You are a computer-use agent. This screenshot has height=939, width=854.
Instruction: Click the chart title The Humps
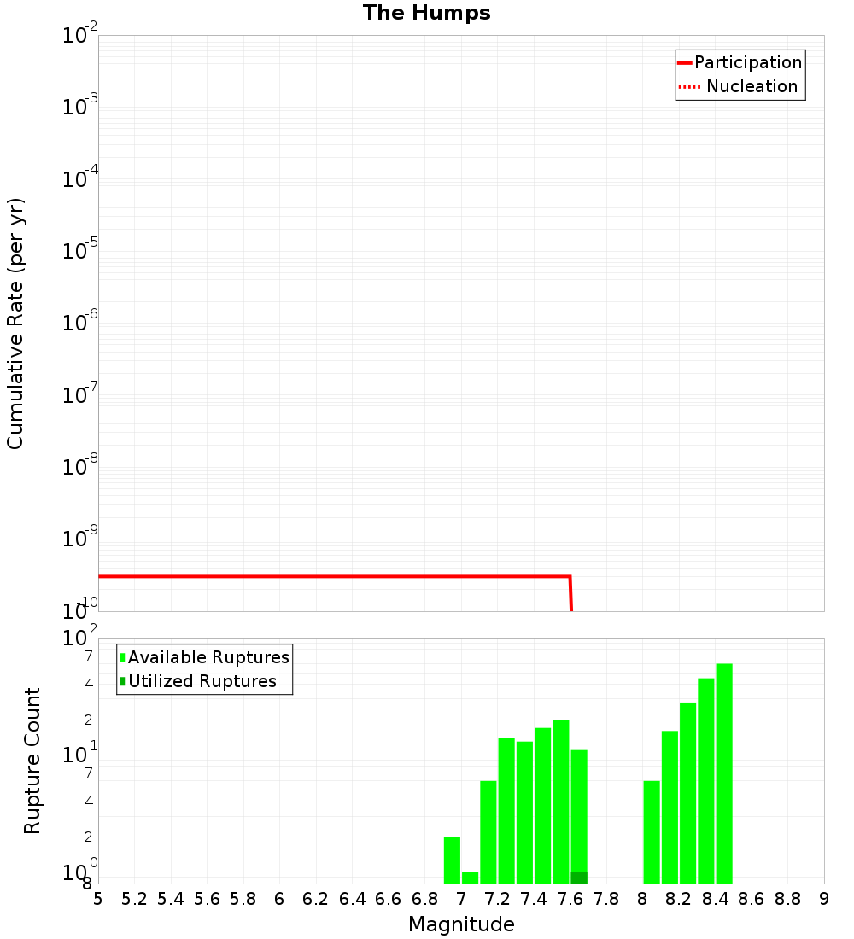tap(426, 13)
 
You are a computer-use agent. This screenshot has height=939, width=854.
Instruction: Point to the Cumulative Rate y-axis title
tap(15, 324)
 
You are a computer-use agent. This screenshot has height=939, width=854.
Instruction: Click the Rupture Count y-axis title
tap(32, 761)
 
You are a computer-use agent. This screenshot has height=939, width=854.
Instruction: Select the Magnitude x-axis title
tap(461, 924)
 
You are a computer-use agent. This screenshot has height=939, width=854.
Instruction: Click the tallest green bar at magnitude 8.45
tap(724, 773)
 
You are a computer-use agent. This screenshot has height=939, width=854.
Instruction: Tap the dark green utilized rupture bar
tap(579, 878)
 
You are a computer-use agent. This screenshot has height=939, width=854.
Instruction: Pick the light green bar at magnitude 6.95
tap(452, 860)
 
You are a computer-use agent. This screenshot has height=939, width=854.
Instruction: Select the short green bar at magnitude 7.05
tap(470, 878)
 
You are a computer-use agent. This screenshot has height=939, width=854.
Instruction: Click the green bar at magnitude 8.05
tap(652, 832)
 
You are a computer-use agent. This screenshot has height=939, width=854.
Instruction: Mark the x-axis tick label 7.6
tap(570, 899)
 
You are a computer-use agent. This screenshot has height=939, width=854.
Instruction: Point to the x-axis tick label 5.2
tap(134, 899)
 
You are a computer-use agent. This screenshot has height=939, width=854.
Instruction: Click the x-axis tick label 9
tap(824, 899)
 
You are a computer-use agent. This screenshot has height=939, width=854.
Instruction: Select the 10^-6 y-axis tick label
tap(80, 324)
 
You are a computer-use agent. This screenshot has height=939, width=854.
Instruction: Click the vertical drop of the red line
tap(570, 594)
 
